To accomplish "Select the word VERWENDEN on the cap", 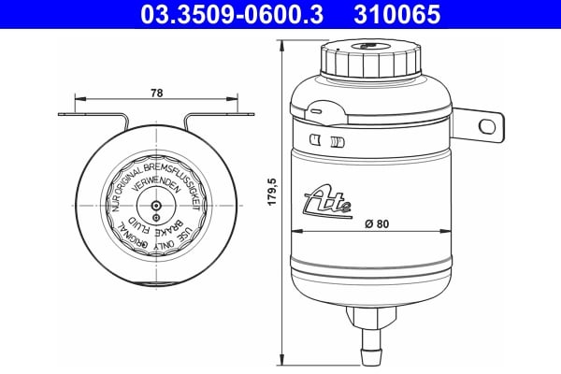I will coord(154,186).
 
